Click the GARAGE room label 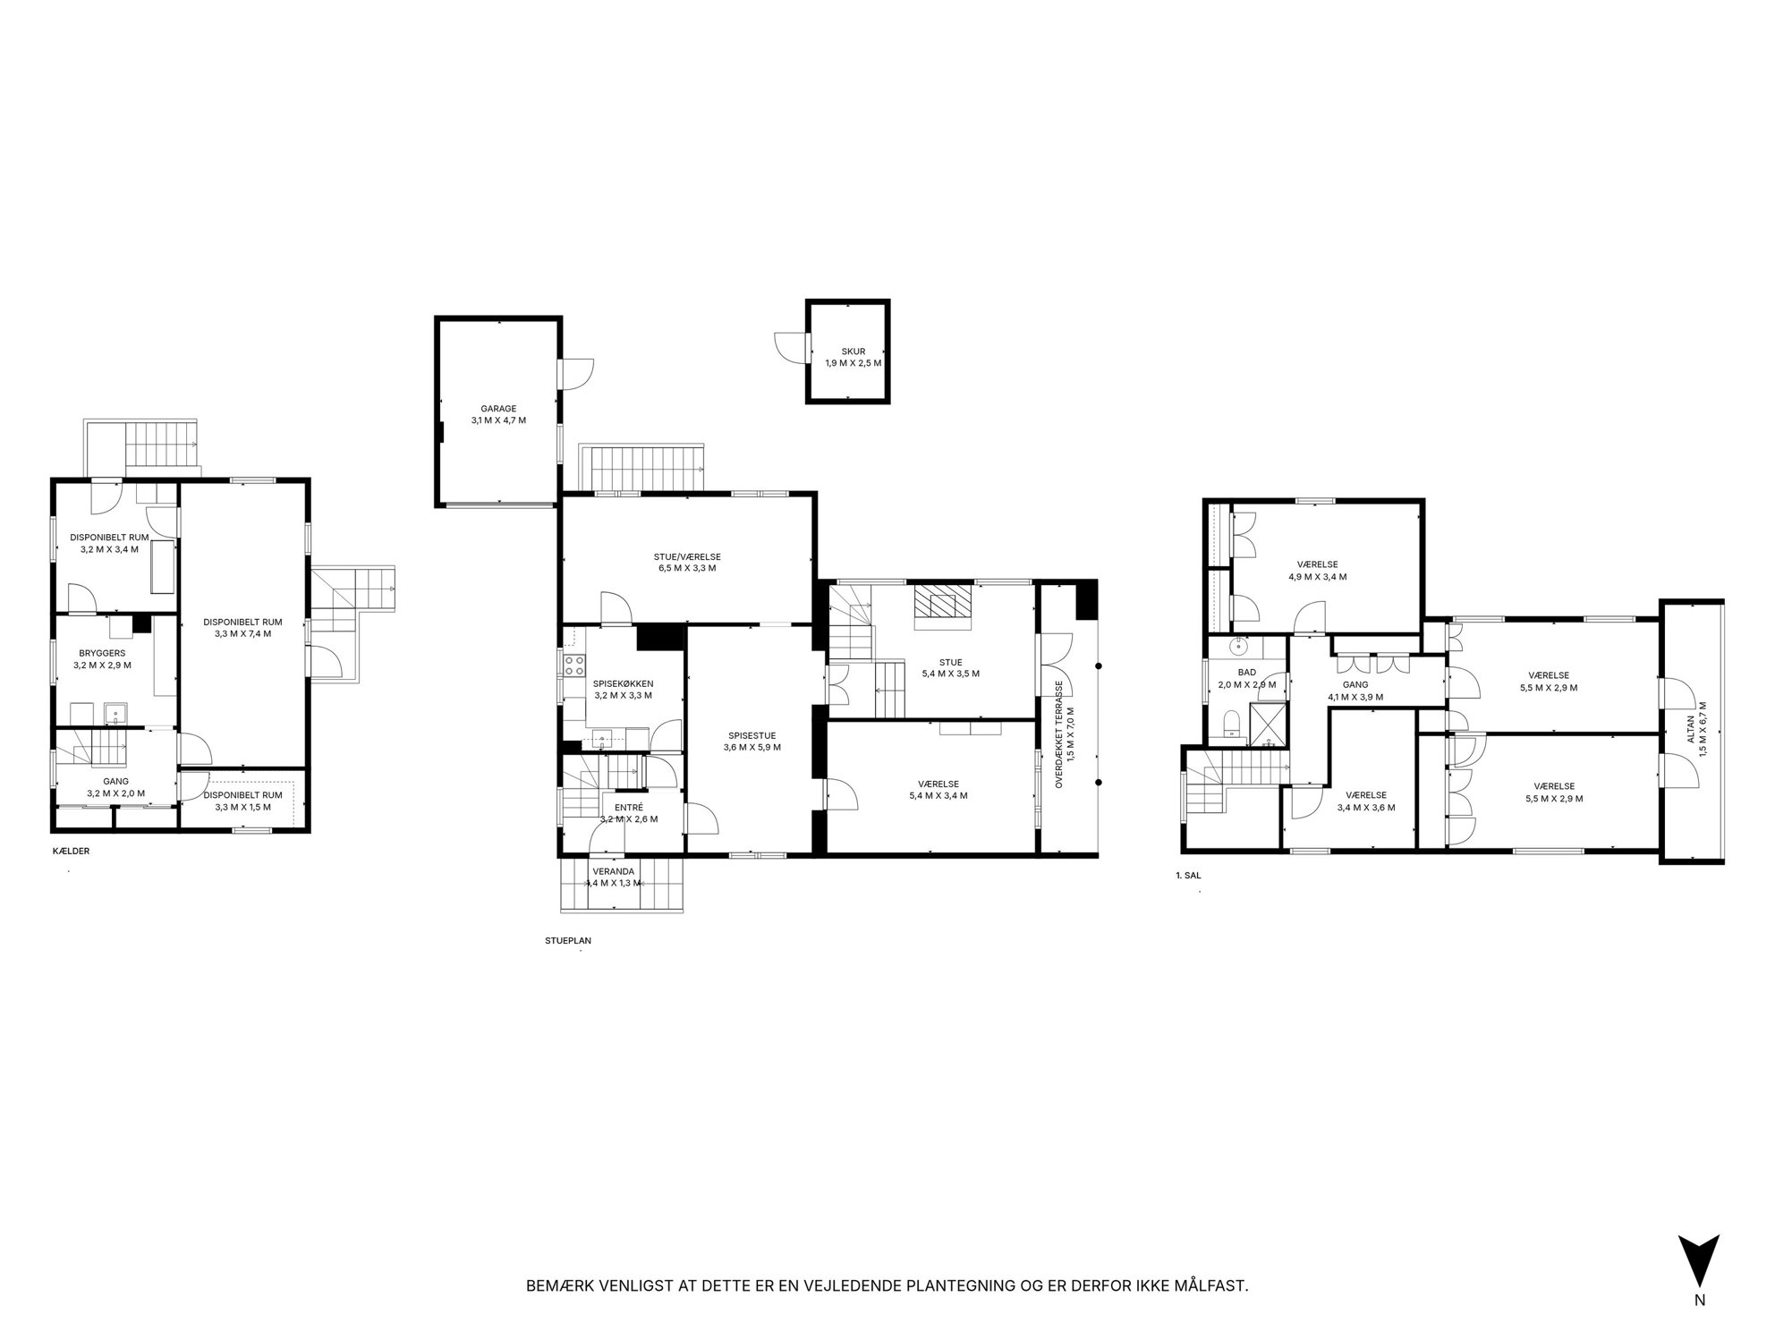(x=498, y=409)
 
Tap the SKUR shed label (x=853, y=352)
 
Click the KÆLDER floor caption (x=72, y=852)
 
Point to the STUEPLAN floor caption (x=568, y=941)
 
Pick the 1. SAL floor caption (x=1188, y=876)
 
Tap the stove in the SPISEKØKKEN (x=573, y=665)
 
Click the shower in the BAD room (x=1268, y=724)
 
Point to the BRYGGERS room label (x=102, y=653)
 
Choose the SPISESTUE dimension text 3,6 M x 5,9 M (x=752, y=747)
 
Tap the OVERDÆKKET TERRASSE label (x=1058, y=733)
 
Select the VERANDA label (x=614, y=871)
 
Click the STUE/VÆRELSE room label (x=687, y=556)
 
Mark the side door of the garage (x=576, y=374)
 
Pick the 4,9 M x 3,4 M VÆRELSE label (x=1318, y=571)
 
